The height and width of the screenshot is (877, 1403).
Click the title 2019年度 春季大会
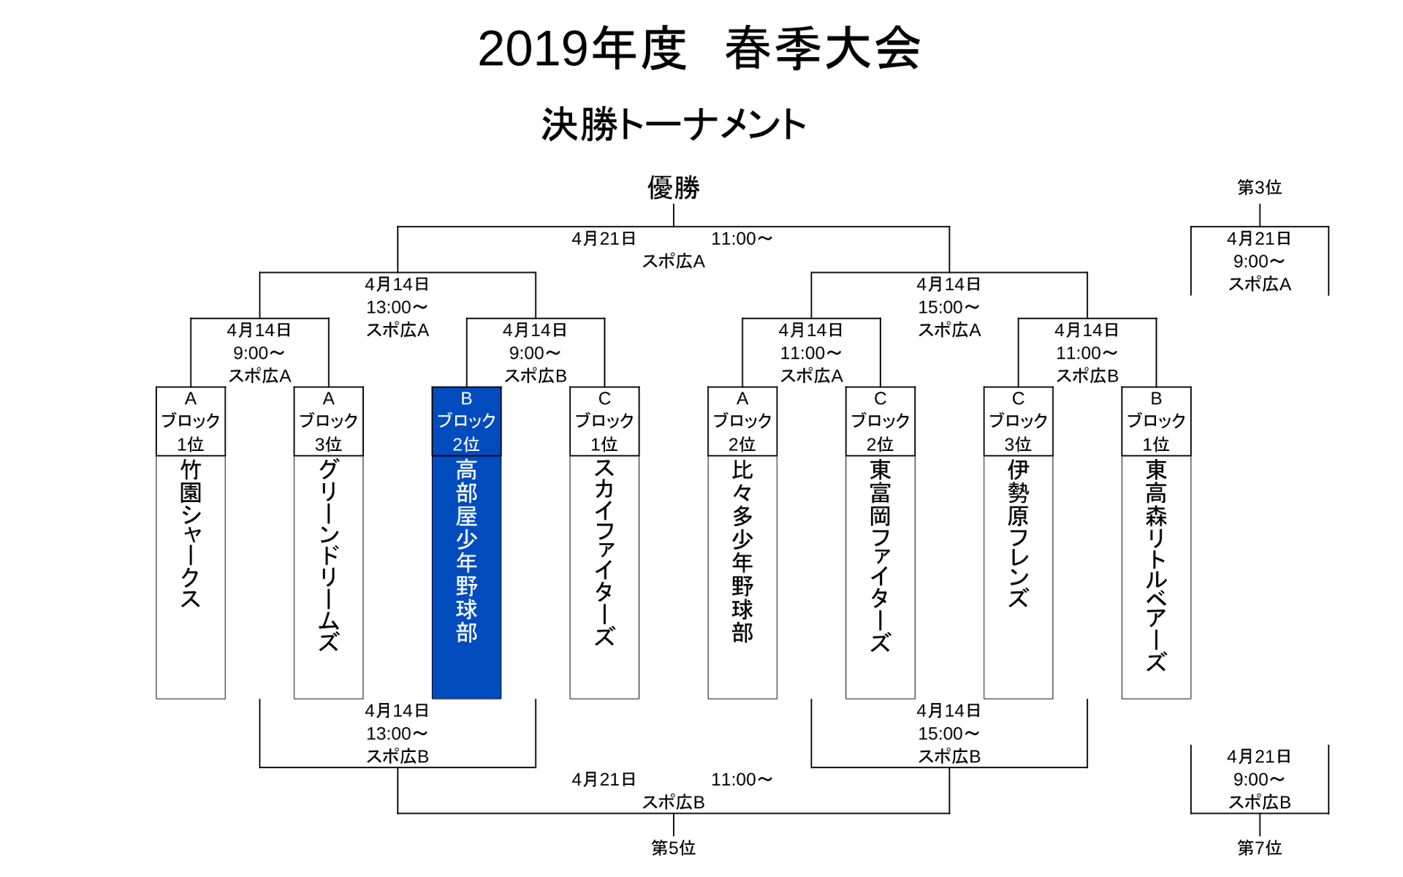699,49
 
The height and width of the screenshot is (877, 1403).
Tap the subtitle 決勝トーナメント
673,124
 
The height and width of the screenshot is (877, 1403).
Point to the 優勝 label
673,188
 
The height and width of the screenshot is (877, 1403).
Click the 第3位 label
1259,188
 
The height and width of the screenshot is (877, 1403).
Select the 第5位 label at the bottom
673,848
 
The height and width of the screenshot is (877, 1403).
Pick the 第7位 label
1259,848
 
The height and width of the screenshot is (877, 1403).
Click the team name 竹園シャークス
191,534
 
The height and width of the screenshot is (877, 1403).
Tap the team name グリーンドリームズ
329,555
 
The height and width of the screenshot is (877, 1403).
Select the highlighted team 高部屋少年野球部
466,552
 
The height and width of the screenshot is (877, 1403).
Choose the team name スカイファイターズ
604,552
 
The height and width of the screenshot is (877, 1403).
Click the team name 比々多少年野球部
742,552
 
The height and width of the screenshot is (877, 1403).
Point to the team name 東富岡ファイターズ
881,555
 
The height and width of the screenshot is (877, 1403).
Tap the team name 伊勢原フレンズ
1018,534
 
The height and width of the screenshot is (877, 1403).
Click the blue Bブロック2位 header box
466,422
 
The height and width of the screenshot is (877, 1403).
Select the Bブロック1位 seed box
1156,422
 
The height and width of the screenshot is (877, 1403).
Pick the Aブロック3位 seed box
329,422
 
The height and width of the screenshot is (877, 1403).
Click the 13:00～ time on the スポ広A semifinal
397,307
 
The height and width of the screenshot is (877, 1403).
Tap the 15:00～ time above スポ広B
948,734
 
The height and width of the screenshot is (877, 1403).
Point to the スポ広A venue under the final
673,262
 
